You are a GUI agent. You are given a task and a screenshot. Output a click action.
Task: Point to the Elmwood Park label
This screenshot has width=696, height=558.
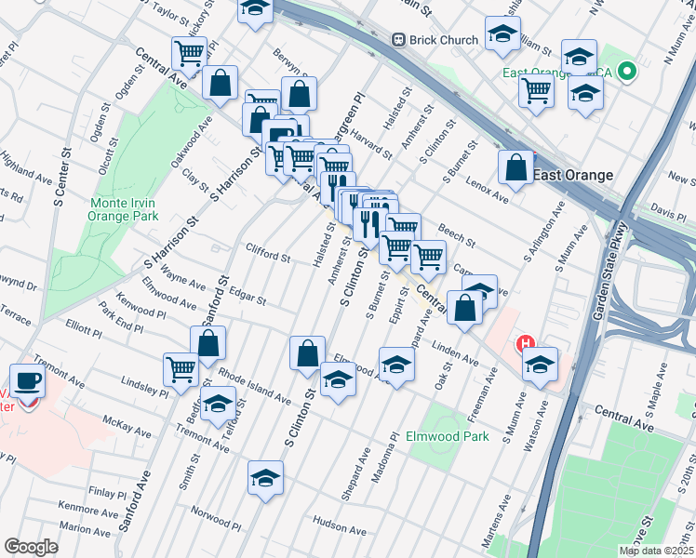447,436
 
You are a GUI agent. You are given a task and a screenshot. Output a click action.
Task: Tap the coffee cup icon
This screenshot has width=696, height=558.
27,381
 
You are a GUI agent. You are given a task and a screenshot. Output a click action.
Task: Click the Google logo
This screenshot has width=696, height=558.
32,547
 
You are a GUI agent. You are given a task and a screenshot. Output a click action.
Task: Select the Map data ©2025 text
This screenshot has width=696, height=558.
655,551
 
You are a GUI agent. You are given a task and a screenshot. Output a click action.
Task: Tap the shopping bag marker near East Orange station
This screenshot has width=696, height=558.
515,168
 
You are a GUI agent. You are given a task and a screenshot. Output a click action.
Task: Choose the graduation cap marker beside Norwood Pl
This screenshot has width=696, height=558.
265,479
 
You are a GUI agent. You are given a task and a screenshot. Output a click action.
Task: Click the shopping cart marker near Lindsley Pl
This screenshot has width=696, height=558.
180,369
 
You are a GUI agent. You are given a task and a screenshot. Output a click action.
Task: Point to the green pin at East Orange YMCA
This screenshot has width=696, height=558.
628,71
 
